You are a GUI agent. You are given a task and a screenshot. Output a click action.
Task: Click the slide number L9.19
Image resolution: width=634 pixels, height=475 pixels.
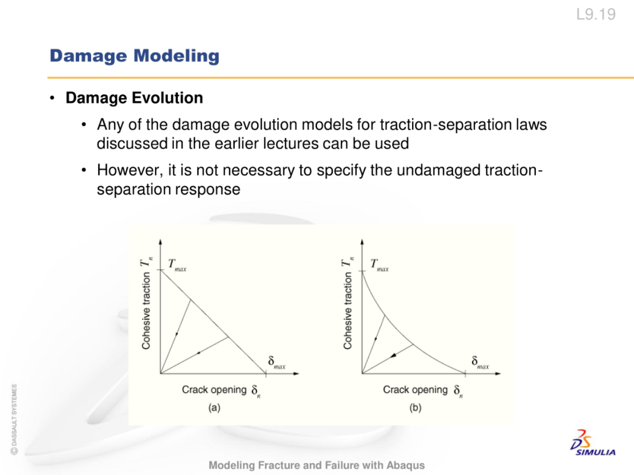coord(596,15)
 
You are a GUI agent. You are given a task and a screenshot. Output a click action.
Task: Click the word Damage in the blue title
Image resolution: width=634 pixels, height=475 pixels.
coord(88,56)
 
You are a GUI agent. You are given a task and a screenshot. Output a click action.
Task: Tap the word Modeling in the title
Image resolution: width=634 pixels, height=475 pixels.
coord(177,56)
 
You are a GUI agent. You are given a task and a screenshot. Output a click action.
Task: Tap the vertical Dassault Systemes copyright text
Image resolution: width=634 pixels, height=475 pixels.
coord(14,419)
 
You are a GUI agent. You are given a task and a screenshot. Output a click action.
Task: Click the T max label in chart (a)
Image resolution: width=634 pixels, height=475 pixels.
coord(177,265)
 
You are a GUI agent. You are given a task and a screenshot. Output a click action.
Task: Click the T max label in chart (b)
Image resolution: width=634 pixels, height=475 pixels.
coord(379,265)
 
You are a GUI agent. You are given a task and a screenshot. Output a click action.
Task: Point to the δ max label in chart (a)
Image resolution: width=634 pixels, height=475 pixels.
coord(276,362)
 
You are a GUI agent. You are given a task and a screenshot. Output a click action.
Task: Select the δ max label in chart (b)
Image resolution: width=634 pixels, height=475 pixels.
coord(480,362)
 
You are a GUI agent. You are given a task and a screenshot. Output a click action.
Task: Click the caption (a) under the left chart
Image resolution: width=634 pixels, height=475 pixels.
coord(214,407)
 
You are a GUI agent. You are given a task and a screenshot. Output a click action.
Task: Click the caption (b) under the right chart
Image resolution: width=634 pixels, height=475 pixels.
coord(415,407)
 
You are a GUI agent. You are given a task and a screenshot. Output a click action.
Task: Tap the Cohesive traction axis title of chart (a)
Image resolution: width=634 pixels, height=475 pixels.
coord(146,310)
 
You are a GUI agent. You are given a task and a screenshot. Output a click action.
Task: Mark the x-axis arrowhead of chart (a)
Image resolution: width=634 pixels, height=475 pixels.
coord(296,374)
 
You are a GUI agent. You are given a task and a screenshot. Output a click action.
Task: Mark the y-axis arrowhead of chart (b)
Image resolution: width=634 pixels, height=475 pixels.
coord(362,242)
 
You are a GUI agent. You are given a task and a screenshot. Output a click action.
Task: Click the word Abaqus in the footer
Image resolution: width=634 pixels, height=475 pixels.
coord(406,465)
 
